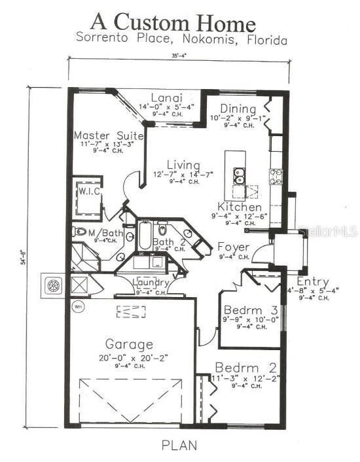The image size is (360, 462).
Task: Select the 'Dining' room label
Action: tap(234, 109)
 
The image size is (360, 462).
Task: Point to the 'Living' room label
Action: tap(183, 164)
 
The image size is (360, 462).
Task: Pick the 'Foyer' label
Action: tap(233, 247)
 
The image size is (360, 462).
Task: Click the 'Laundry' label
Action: tap(151, 283)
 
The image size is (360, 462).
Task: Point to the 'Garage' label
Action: tap(130, 344)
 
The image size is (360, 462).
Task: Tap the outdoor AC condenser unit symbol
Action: tap(53, 285)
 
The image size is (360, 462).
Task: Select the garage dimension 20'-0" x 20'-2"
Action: tap(130, 357)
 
